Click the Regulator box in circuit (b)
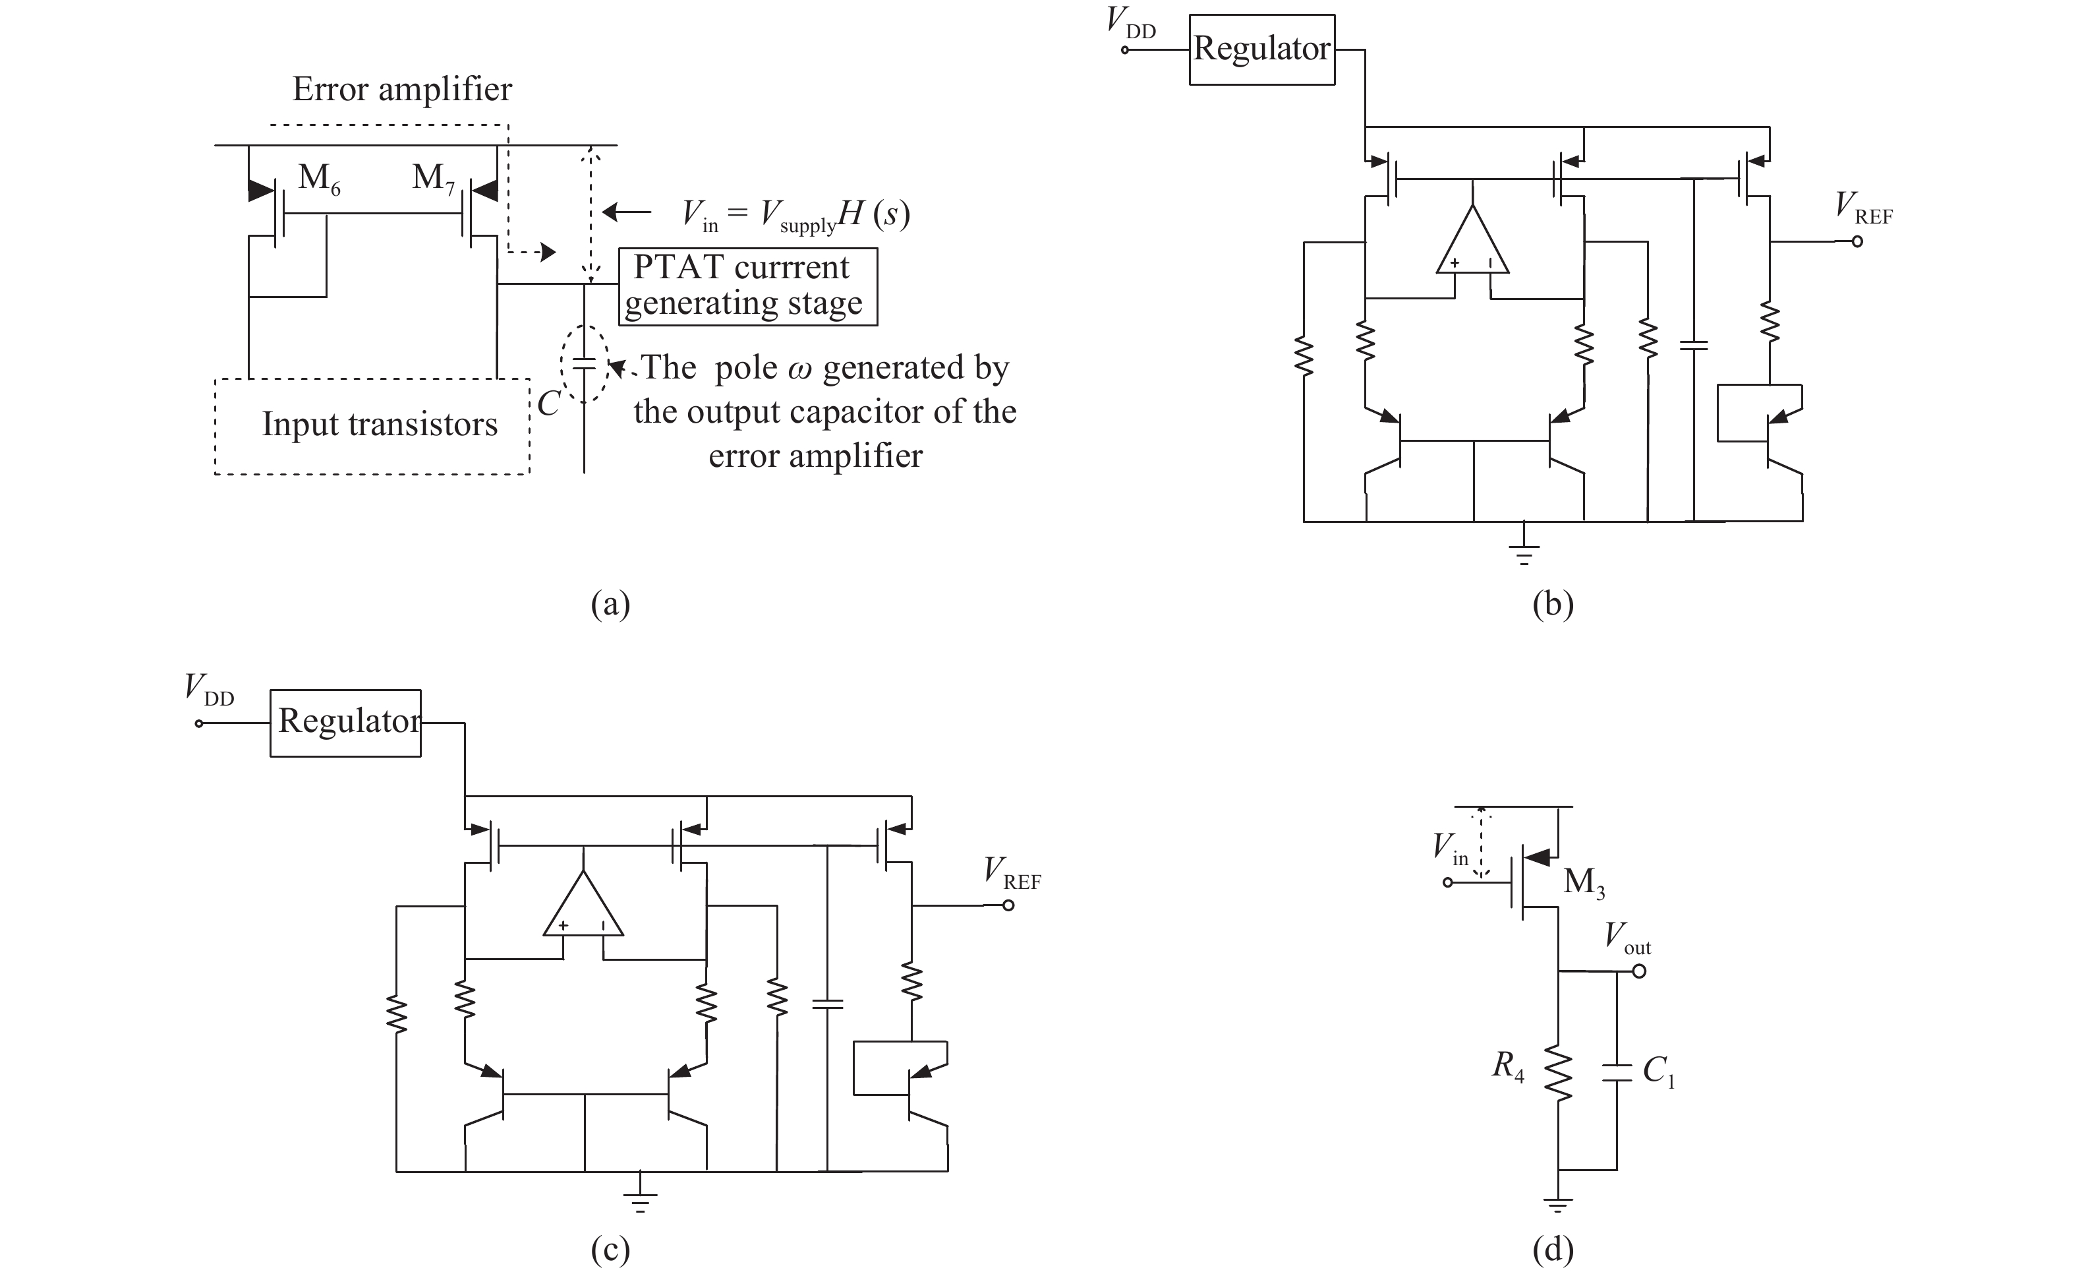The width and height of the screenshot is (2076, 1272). tap(1261, 49)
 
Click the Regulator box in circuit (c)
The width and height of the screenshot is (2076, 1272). tap(345, 723)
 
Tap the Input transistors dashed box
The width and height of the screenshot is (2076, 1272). tap(372, 426)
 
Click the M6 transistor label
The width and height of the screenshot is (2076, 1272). tap(318, 179)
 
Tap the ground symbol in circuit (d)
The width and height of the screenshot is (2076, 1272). tap(1558, 1206)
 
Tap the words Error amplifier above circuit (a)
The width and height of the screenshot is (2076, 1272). tap(402, 90)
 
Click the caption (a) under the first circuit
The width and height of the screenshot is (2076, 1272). tap(610, 605)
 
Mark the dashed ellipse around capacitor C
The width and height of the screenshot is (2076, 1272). tap(584, 363)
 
